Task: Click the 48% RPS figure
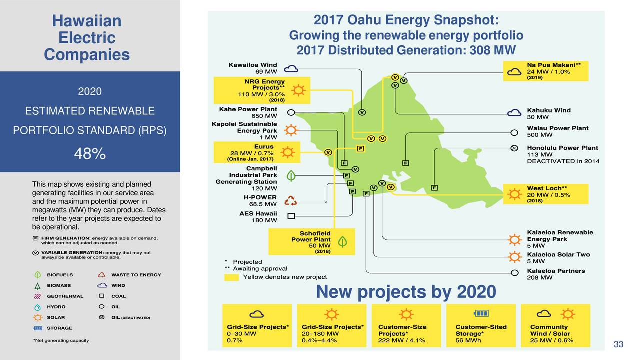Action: [89, 154]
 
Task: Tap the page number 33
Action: [618, 344]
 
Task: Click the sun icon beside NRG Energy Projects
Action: [298, 90]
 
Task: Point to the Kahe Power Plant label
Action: [248, 109]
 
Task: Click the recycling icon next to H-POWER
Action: [290, 200]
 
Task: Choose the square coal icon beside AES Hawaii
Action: [291, 216]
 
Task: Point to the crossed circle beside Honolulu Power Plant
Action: [514, 148]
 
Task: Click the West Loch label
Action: [547, 188]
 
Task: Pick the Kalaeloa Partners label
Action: [556, 271]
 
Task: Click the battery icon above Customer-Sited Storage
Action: [481, 313]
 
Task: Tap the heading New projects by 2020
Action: [406, 292]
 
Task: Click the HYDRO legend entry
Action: [56, 307]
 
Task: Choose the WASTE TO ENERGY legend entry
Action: [136, 275]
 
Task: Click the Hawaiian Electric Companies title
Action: [87, 38]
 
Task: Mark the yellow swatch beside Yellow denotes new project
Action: [231, 277]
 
